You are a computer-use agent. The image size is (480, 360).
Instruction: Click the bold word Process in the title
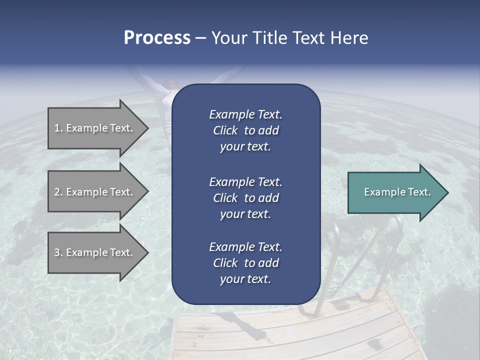point(157,38)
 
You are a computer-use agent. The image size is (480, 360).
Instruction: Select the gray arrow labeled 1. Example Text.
point(95,128)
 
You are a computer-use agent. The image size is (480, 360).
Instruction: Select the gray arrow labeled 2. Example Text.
point(95,192)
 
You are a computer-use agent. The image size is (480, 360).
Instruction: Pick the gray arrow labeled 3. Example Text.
point(95,252)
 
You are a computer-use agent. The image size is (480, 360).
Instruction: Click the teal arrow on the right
point(395,192)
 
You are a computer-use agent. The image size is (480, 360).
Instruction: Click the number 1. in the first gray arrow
point(58,128)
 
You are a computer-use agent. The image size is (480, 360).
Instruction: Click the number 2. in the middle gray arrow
point(58,192)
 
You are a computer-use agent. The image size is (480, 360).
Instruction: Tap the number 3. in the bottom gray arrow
point(58,252)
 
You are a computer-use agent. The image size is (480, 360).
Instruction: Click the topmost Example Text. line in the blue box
point(245,114)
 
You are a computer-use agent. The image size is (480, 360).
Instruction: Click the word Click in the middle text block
point(225,198)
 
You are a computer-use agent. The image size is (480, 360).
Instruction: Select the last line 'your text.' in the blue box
point(245,279)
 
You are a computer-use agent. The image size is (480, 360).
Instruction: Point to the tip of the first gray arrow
point(147,128)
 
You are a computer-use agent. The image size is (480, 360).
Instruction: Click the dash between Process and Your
point(200,38)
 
